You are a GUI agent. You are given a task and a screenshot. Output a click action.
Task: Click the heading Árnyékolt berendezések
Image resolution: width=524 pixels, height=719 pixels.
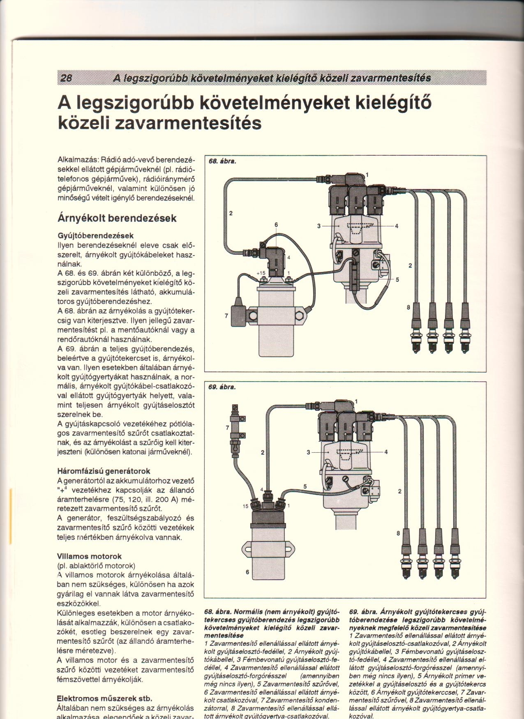coord(117,218)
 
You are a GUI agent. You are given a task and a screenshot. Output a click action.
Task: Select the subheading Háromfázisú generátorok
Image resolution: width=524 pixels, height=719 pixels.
coord(104,471)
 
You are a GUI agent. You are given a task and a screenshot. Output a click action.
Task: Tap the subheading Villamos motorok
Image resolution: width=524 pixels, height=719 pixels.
coord(90,556)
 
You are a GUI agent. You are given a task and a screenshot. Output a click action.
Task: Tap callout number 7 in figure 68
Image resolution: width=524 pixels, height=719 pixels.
coord(226,316)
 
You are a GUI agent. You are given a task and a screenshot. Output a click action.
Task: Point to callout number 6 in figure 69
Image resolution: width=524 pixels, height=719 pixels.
coord(247,572)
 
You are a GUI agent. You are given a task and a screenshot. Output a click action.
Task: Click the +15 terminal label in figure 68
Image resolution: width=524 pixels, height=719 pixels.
coord(261,273)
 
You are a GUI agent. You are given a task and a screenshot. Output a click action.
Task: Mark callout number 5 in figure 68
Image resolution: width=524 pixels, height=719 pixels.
coord(397,280)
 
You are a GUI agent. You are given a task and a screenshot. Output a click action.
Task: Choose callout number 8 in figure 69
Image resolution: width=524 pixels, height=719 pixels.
coord(398,533)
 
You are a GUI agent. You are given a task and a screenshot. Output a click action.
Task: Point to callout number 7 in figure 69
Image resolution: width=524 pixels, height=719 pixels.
coord(227,427)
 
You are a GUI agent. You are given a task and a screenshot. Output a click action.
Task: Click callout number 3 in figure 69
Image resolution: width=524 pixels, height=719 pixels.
coord(308,452)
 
